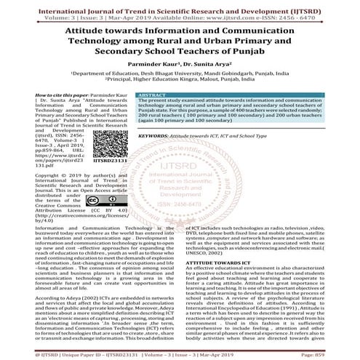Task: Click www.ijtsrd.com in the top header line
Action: [x=239, y=12]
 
